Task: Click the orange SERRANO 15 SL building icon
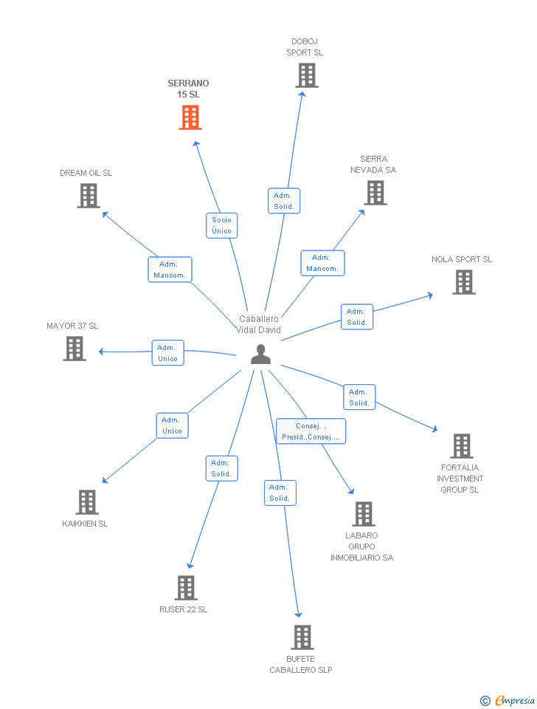190,117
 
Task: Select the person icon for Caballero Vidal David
260,354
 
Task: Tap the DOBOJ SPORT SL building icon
306,75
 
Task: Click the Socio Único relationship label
221,225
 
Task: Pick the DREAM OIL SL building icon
89,196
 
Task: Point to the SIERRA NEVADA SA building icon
375,193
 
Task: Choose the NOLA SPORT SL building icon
463,282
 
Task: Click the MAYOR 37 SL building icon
75,349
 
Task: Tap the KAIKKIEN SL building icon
87,502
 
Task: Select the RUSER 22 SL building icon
186,588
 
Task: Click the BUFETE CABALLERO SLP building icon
302,637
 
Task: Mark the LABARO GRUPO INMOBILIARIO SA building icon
363,514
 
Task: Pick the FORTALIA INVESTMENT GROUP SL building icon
462,446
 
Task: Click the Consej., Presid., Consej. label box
311,431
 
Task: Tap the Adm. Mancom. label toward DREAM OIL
170,270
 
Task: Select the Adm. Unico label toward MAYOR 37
167,353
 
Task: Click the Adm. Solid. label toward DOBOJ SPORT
284,201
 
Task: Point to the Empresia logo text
514,700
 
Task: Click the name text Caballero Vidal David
258,324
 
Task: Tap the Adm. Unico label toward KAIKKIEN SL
172,425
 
